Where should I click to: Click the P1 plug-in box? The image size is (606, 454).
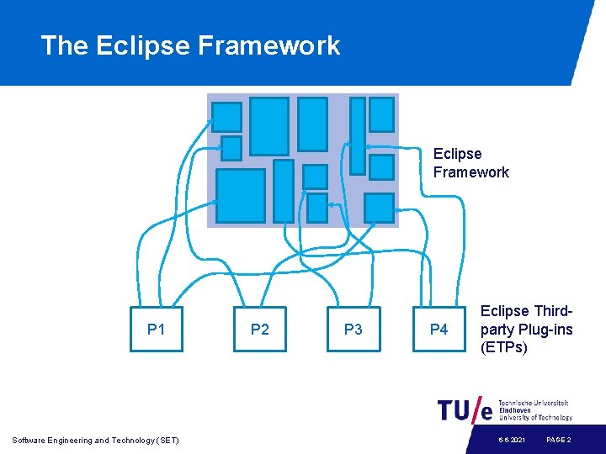156,329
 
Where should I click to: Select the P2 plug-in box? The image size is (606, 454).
260,329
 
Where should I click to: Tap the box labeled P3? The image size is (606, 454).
353,329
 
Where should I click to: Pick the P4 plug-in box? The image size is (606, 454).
439,329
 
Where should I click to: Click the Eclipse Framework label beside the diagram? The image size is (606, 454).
470,163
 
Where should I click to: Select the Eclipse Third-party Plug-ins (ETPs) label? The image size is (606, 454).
526,329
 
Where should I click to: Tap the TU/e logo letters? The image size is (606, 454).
465,409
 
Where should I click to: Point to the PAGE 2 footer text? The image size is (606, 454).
559,440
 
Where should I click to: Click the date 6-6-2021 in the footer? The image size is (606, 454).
511,440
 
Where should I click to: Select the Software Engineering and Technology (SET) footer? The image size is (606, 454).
95,440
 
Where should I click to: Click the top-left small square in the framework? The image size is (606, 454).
226,117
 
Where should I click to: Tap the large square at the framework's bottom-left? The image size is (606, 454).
240,195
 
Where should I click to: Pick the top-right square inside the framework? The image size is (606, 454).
381,114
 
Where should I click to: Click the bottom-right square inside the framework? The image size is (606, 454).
379,208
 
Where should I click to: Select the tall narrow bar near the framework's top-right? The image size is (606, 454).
358,135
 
